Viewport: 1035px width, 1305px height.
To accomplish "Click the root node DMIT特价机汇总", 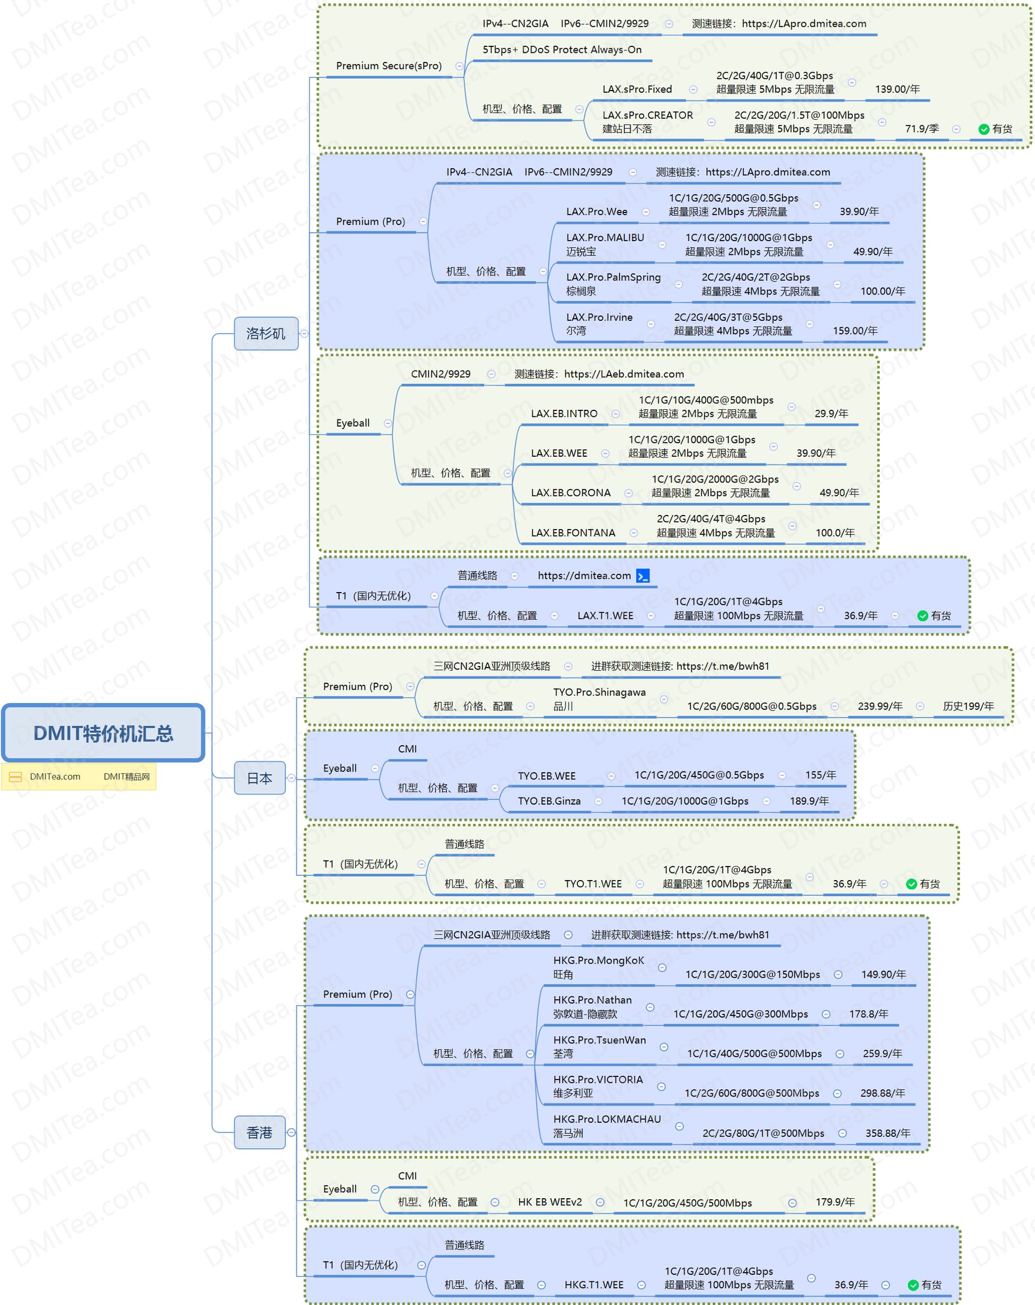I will coord(103,732).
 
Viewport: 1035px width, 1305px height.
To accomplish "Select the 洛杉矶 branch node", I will coord(266,333).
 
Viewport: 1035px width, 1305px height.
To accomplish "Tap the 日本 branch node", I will coord(259,778).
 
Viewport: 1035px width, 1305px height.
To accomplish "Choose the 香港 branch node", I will coord(259,1132).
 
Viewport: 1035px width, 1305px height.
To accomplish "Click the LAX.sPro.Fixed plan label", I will coord(637,90).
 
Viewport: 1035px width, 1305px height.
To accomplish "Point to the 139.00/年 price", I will coord(897,90).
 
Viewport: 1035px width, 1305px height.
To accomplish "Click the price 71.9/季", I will coord(922,129).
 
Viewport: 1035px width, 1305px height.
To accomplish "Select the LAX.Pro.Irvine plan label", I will coord(599,318).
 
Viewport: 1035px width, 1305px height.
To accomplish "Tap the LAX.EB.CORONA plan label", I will coord(570,493).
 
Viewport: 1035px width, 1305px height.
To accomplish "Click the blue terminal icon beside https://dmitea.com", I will coord(643,575).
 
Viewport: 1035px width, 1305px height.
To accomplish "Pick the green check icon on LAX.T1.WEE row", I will coord(922,616).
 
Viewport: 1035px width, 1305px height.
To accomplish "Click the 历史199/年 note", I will coord(968,706).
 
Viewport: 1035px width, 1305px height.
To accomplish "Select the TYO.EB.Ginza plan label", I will coord(549,801).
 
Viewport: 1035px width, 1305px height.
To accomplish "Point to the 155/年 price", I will coord(820,775).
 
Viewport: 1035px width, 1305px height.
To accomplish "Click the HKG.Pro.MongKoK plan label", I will coord(598,960).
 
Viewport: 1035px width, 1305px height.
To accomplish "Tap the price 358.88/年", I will coord(887,1133).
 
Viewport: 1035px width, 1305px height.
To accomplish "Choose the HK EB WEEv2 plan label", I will coord(549,1202).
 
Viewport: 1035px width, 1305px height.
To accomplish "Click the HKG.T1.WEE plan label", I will coord(594,1285).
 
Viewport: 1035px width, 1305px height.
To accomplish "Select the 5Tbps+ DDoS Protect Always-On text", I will coord(561,50).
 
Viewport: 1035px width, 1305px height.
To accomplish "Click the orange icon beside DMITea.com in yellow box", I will coord(16,777).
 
